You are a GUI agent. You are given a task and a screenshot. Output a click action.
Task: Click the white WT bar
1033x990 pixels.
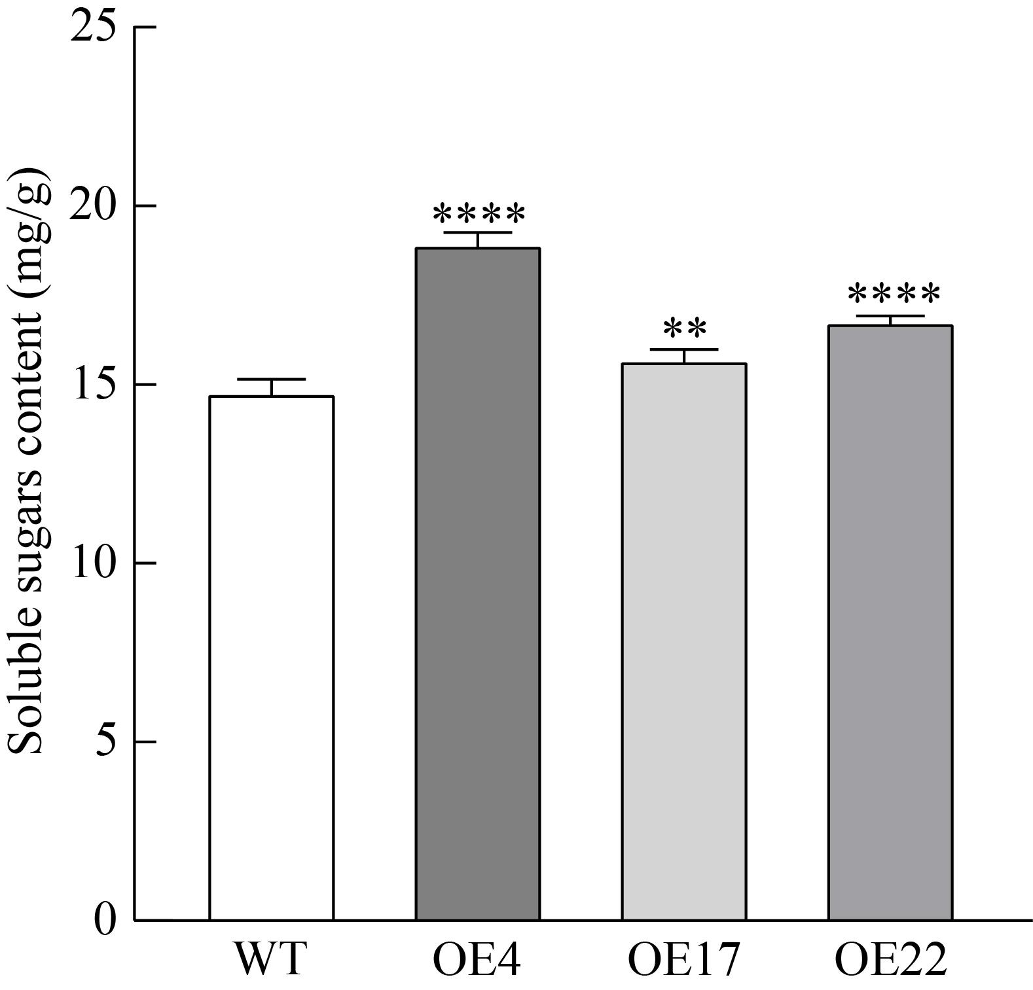point(271,658)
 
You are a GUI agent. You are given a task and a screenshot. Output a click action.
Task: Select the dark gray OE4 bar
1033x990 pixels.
point(477,584)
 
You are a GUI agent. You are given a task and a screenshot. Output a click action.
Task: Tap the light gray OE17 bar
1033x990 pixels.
point(683,641)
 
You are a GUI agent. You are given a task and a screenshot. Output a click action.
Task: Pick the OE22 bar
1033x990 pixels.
point(890,622)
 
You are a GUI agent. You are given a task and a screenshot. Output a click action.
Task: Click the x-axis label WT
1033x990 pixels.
point(270,959)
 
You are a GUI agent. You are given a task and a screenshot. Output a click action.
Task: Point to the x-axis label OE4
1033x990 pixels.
point(477,959)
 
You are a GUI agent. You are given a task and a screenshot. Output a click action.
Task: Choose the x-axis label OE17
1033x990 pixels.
point(683,959)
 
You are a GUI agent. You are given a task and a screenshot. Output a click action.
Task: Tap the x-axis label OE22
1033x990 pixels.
point(890,959)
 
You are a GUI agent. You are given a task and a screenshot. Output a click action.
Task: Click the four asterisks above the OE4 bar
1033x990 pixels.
point(479,214)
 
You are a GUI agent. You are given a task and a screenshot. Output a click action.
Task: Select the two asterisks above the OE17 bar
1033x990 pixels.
point(684,328)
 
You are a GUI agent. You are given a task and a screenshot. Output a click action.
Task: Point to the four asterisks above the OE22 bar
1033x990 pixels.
point(893,295)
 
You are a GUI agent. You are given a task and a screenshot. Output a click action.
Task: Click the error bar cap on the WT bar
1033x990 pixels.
point(271,380)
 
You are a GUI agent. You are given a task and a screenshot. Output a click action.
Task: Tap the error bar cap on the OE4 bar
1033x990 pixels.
point(477,233)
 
